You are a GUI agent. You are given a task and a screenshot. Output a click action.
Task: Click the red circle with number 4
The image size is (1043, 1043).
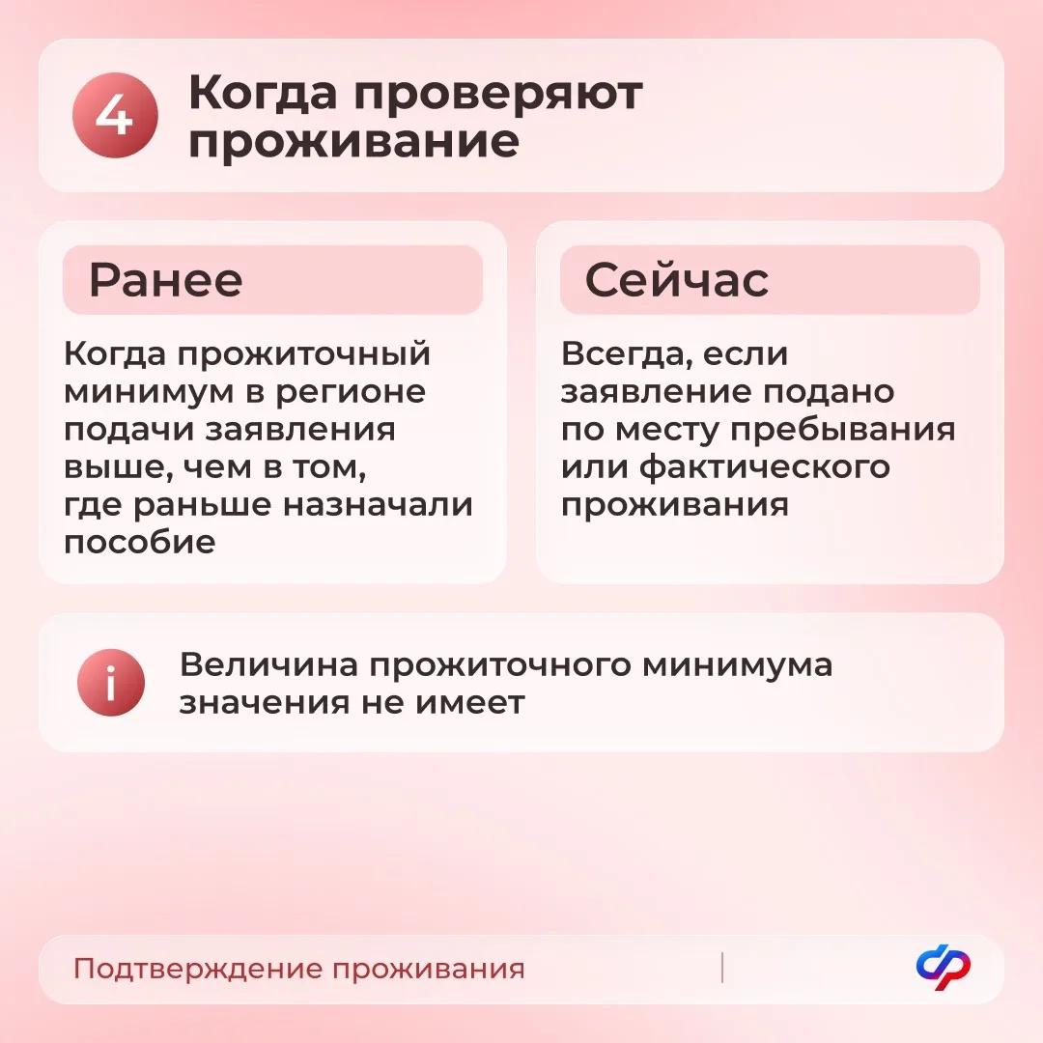(115, 115)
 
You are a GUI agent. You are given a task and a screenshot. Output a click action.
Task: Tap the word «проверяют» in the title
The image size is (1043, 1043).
(497, 95)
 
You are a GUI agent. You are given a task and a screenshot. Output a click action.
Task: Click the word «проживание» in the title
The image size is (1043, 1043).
(353, 142)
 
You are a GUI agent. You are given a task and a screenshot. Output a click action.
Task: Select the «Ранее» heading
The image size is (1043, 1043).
(166, 280)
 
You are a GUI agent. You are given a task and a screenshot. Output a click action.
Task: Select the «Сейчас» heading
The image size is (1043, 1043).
(676, 279)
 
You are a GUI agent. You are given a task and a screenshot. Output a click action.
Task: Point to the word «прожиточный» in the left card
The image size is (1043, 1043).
(304, 353)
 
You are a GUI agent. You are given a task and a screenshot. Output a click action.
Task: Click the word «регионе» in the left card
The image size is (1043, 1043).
(351, 392)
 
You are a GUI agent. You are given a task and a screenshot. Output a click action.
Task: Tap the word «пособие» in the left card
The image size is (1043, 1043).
(140, 543)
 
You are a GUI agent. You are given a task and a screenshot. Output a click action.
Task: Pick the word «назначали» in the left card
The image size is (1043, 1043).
(378, 505)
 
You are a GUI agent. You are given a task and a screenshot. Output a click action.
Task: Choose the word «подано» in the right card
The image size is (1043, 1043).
(828, 392)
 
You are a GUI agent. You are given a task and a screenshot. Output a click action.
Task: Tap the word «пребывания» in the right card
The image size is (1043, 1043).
(843, 430)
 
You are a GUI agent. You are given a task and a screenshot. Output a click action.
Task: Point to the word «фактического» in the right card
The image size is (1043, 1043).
(764, 467)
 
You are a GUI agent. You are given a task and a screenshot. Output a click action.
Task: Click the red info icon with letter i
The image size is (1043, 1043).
(111, 683)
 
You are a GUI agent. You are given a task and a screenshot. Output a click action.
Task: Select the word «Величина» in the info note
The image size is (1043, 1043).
(268, 665)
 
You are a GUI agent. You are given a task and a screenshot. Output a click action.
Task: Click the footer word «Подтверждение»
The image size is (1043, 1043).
(198, 970)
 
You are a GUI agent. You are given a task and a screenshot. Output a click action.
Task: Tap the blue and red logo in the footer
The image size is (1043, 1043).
(944, 969)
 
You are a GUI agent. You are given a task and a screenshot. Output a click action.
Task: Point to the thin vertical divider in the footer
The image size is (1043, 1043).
(721, 968)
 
